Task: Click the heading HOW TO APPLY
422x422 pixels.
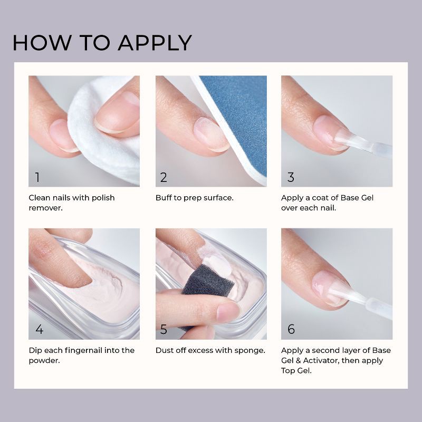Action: click(x=102, y=42)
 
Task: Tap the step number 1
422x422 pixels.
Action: click(x=37, y=177)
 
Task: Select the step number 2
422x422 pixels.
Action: click(x=164, y=177)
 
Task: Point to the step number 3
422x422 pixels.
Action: click(x=291, y=177)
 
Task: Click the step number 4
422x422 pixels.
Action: click(x=39, y=330)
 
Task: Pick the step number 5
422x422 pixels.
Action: click(x=164, y=330)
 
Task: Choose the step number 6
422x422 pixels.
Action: click(x=291, y=330)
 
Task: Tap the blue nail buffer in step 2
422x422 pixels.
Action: click(x=243, y=116)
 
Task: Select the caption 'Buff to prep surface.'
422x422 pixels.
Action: click(x=194, y=198)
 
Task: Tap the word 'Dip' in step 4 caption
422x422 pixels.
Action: click(x=35, y=350)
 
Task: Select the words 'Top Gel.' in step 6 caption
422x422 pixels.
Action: click(x=298, y=370)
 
